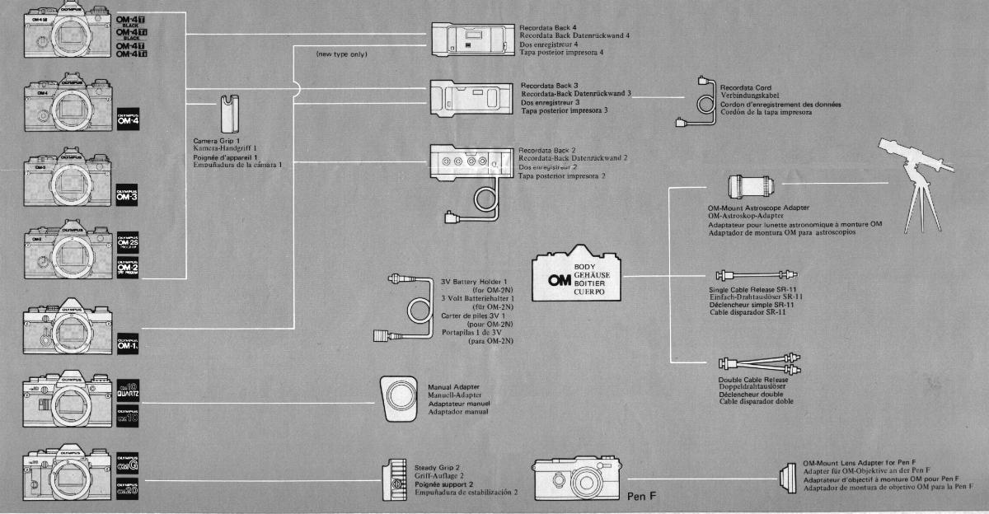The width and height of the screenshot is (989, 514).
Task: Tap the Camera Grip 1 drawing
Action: pyautogui.click(x=228, y=114)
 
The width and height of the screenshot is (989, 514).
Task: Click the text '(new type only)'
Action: pyautogui.click(x=341, y=54)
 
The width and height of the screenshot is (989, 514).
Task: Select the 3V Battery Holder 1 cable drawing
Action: pyautogui.click(x=407, y=308)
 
